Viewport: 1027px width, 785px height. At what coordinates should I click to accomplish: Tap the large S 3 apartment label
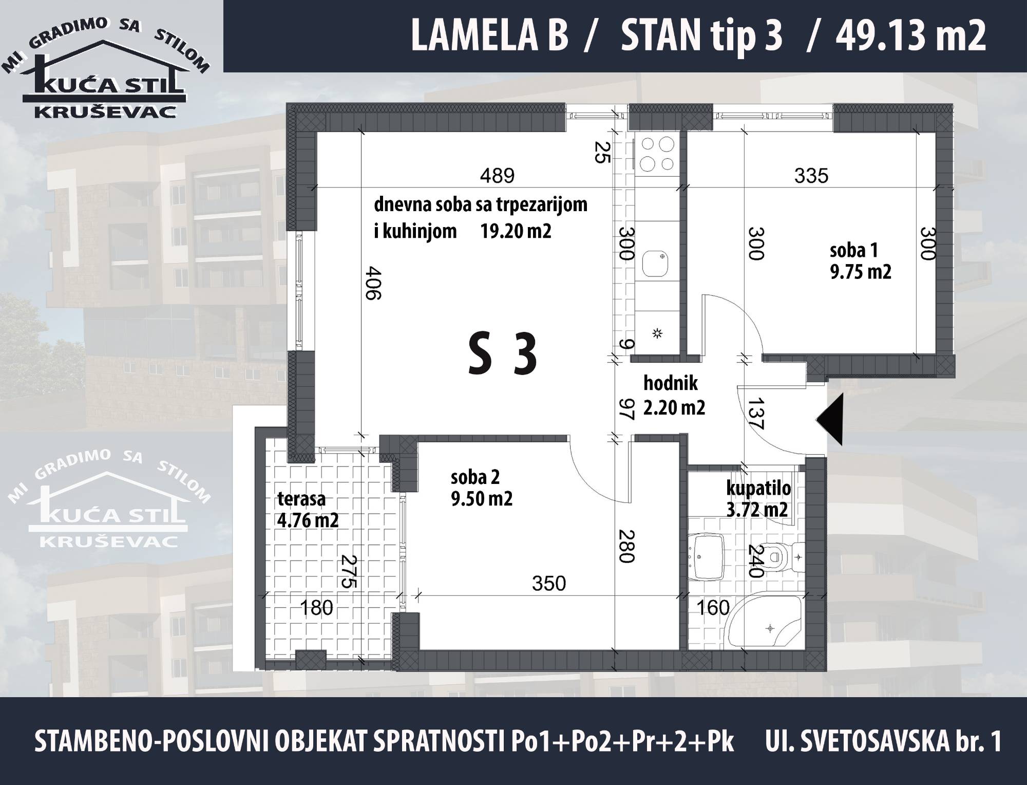pyautogui.click(x=503, y=354)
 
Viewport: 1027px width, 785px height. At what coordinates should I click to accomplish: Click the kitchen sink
pyautogui.click(x=657, y=265)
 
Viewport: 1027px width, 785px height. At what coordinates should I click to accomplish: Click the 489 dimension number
pyautogui.click(x=497, y=176)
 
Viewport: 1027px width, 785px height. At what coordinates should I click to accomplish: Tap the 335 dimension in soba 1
pyautogui.click(x=811, y=176)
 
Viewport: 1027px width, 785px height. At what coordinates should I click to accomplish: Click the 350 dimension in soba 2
pyautogui.click(x=549, y=583)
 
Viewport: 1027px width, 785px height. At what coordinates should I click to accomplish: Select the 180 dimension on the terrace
pyautogui.click(x=316, y=608)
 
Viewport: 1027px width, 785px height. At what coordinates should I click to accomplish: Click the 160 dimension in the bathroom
pyautogui.click(x=713, y=608)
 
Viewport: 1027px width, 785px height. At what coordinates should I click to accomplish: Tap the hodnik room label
pyautogui.click(x=670, y=383)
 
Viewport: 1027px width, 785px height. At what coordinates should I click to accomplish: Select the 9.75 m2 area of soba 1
pyautogui.click(x=861, y=271)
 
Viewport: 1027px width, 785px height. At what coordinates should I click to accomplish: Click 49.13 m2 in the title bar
pyautogui.click(x=911, y=36)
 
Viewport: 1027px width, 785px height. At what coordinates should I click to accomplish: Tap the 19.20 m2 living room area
pyautogui.click(x=516, y=231)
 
